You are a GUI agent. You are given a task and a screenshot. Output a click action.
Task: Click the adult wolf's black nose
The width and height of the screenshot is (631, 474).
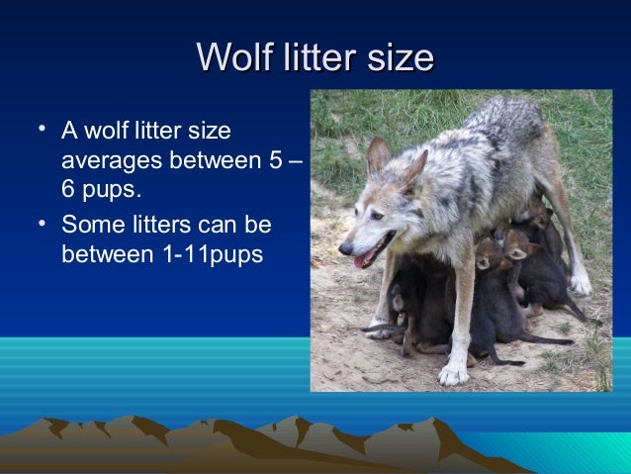tap(343, 249)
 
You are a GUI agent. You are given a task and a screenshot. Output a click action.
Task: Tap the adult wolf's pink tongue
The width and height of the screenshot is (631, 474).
tap(364, 261)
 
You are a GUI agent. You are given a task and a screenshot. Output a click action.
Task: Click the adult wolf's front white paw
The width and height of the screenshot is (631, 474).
tap(454, 374)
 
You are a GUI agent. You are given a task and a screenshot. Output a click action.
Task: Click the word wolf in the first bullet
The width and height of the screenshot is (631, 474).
tap(112, 131)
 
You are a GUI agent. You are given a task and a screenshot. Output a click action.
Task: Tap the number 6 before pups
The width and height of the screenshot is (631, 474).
tap(69, 186)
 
